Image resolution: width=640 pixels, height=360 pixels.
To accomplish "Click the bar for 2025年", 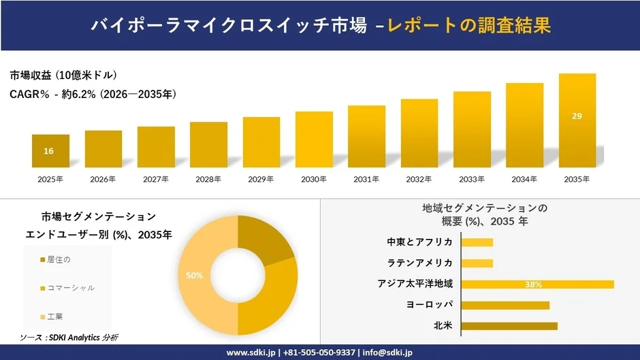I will pos(50,151).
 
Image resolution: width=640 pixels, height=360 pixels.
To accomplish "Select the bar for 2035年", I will pos(577,120).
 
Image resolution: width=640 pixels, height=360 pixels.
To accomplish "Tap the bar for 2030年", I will pos(314,140).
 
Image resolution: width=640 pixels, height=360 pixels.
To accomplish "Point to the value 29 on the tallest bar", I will pos(577,116).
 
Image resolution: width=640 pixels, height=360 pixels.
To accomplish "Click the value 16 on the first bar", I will pos(48,151).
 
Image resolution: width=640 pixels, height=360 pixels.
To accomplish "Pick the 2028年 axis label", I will pos(208,180).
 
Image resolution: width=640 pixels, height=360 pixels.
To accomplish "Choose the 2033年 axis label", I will pos(472,180).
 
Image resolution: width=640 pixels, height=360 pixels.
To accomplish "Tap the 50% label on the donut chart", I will pos(195,276).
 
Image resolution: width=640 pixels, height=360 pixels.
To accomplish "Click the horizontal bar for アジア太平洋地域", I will pos(537,284).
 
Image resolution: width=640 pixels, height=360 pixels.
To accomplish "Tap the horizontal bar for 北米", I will pos(509,326).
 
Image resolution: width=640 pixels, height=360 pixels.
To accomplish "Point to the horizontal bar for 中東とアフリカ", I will pos(477,242).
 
